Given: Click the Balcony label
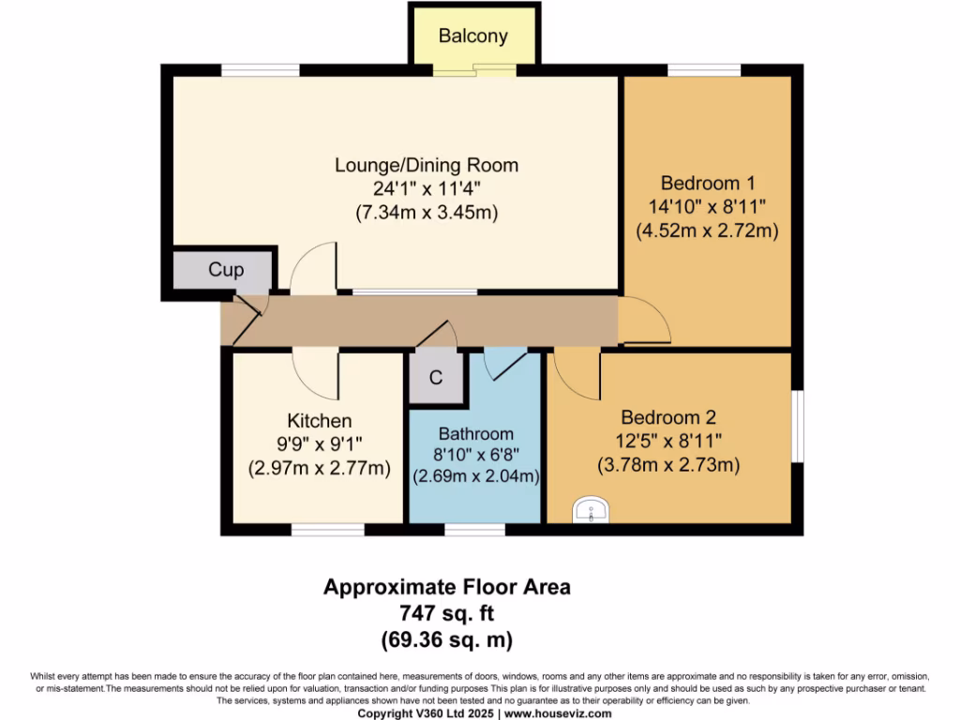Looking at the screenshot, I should [x=473, y=37].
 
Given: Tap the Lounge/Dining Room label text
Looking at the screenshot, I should [x=427, y=165].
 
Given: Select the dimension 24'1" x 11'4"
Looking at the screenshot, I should [x=427, y=188].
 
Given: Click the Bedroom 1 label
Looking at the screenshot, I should [x=707, y=183].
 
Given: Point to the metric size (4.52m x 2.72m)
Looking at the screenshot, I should [x=707, y=230].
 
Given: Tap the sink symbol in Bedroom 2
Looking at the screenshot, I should [x=591, y=510].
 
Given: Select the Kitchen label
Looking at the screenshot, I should [x=319, y=421].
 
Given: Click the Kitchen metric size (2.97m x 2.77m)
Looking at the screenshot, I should [x=319, y=468].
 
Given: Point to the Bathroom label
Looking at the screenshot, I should [x=476, y=434].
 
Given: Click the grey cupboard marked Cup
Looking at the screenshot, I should [x=225, y=270].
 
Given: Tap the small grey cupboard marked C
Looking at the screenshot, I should [x=436, y=378].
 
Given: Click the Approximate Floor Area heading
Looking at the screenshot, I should [x=447, y=587].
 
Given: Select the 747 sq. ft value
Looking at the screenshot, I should [x=447, y=614].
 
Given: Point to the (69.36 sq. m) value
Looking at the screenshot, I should [x=447, y=641].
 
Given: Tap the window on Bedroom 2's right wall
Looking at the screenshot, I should [x=798, y=427].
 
